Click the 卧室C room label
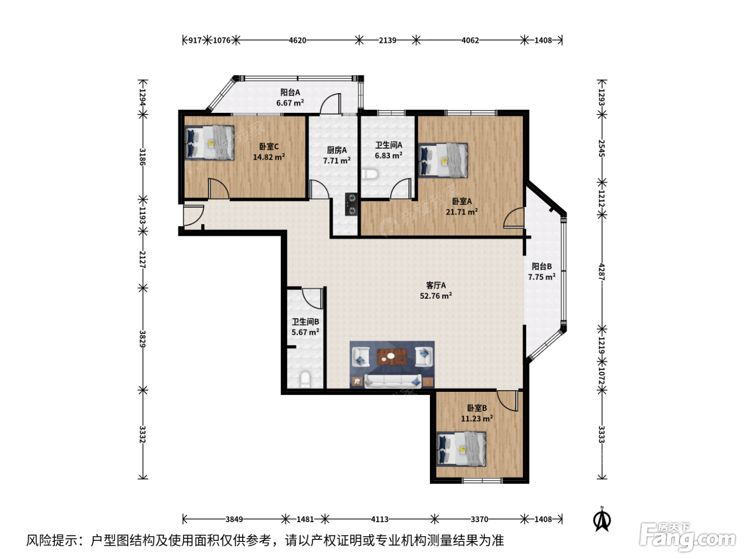[x=269, y=146]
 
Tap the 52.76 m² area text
[x=436, y=295]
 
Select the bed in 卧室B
[x=461, y=449]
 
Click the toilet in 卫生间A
[x=370, y=174]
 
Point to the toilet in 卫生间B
[x=305, y=380]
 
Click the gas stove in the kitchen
[x=351, y=204]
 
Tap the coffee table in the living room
[x=392, y=357]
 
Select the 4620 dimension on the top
[x=297, y=40]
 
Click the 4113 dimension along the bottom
[x=379, y=519]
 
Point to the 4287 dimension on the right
[x=601, y=272]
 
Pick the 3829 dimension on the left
[x=142, y=339]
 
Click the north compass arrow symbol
[x=602, y=519]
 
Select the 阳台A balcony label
[x=290, y=92]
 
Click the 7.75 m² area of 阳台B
[x=542, y=277]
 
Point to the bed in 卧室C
[x=210, y=143]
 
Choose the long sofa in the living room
[x=393, y=381]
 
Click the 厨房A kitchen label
[x=337, y=150]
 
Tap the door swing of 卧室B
[x=508, y=401]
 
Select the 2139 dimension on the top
[x=387, y=40]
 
